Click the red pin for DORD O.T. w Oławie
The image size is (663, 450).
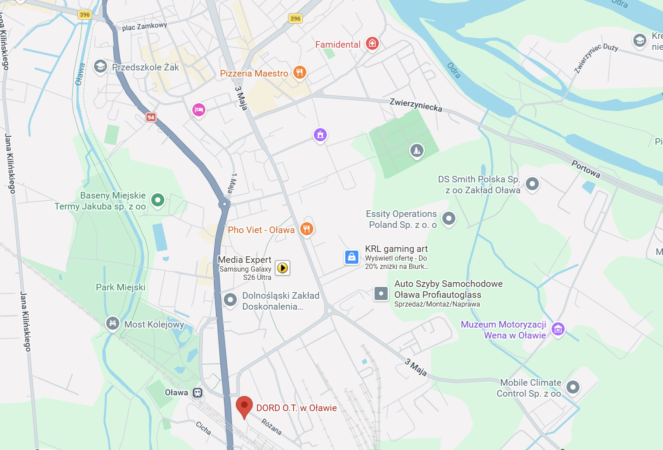[244, 406]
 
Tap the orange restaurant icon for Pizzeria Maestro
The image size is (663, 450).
[299, 72]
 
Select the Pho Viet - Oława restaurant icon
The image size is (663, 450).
[307, 228]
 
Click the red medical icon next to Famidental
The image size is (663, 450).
[372, 43]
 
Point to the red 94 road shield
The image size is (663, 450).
[151, 117]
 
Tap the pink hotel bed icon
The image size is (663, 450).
[199, 109]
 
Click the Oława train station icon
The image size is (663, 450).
[198, 393]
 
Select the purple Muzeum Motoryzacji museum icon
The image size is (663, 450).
[558, 329]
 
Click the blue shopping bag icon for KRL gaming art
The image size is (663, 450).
[352, 257]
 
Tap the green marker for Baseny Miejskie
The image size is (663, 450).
[158, 200]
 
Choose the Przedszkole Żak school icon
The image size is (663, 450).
[101, 66]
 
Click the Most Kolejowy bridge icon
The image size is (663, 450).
[113, 323]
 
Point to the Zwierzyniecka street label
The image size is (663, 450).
[416, 105]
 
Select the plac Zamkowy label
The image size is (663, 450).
[144, 27]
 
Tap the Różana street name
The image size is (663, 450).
[271, 426]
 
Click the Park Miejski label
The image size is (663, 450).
[121, 287]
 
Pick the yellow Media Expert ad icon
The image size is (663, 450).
[283, 268]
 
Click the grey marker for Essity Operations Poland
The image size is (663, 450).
[448, 218]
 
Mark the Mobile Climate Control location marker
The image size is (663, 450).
[573, 387]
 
